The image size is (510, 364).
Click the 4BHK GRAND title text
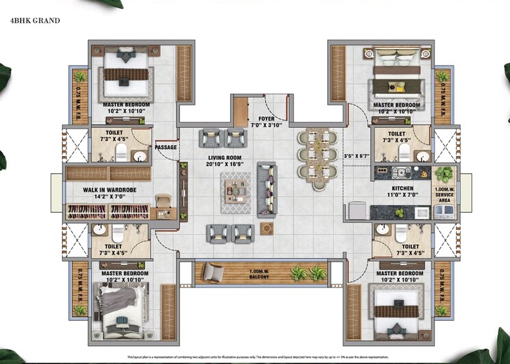click(x=36, y=21)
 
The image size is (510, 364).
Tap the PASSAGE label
click(x=166, y=148)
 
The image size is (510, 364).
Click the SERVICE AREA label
click(x=444, y=194)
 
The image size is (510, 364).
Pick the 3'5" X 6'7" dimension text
click(x=355, y=155)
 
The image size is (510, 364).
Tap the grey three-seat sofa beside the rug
click(x=267, y=190)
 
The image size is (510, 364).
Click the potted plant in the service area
click(x=444, y=174)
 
